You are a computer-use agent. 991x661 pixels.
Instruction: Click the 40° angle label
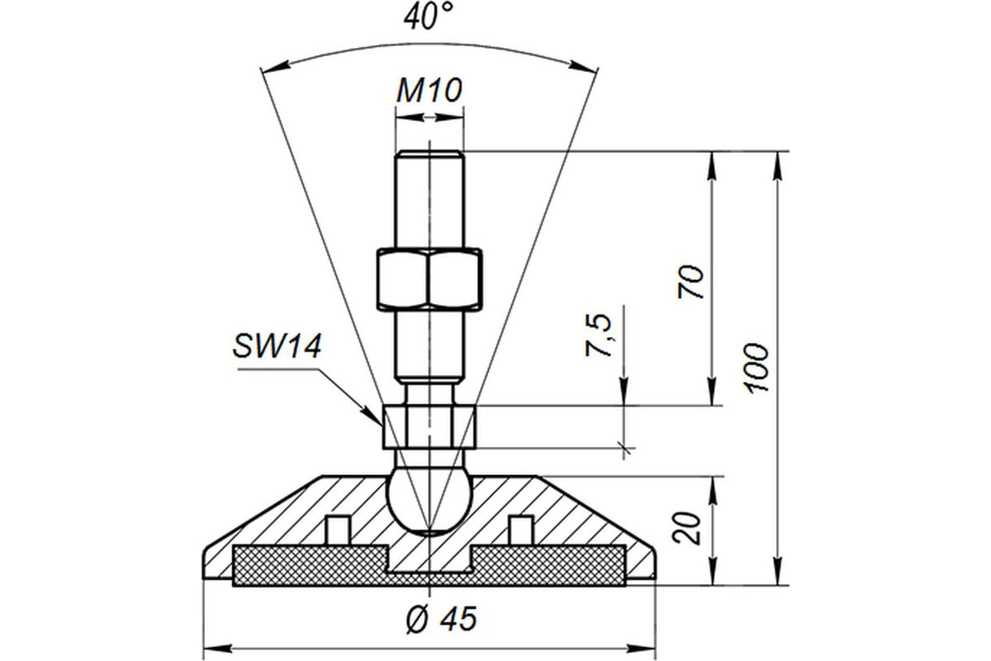coord(429,17)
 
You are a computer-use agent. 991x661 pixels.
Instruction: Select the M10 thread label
coord(429,90)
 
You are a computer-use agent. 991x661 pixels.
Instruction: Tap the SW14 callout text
coord(277,345)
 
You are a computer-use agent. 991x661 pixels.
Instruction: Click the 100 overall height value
coord(756,368)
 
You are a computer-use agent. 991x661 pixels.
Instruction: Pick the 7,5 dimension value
coord(599,335)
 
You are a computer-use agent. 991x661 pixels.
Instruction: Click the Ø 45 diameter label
coord(442,618)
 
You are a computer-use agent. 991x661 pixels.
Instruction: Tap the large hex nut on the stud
coord(429,278)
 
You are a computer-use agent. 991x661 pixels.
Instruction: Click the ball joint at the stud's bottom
coord(429,502)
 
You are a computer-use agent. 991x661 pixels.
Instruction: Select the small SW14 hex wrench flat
coord(429,427)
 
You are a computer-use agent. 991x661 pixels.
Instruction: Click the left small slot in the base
coord(338,530)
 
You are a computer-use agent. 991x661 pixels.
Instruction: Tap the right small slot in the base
coord(520,530)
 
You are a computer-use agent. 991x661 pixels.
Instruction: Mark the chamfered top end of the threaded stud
coord(429,155)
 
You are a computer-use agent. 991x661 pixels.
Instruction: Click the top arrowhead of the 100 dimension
coord(777,165)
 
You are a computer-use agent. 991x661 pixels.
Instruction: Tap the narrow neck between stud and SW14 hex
coord(429,396)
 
